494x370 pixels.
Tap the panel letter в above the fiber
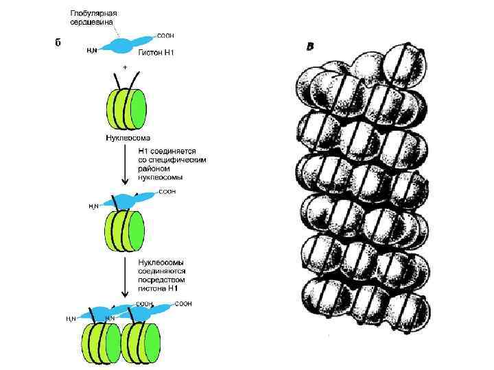[x=310, y=47]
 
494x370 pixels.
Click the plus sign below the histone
[x=125, y=68]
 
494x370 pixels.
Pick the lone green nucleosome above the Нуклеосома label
[x=125, y=108]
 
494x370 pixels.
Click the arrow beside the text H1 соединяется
[x=124, y=164]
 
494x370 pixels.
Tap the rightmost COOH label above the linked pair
[x=183, y=303]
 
